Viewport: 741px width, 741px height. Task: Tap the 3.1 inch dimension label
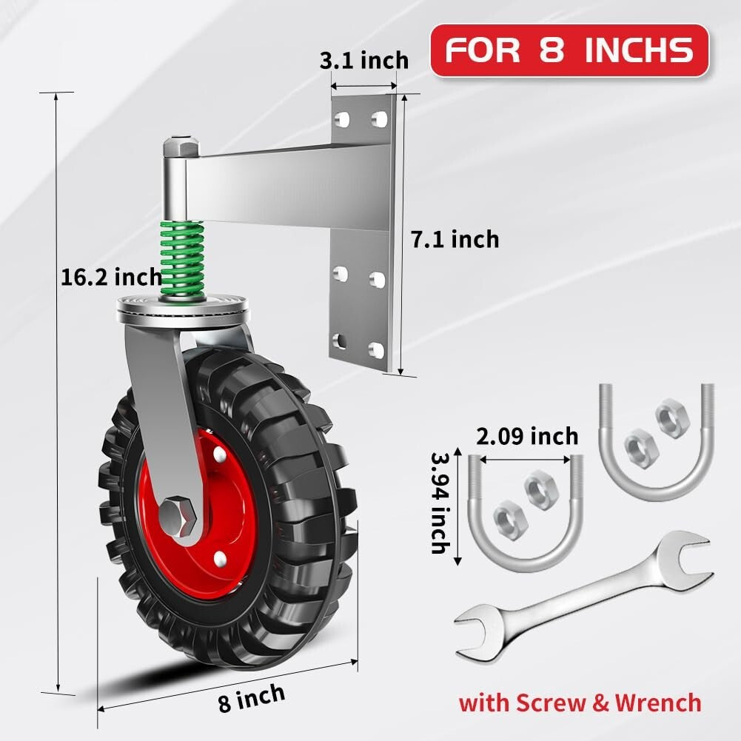pyautogui.click(x=363, y=60)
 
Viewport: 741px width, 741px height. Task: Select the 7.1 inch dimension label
pyautogui.click(x=455, y=239)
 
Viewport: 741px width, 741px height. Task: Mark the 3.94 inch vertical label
pyautogui.click(x=438, y=503)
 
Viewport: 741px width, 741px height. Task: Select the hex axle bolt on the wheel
pyautogui.click(x=178, y=512)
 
